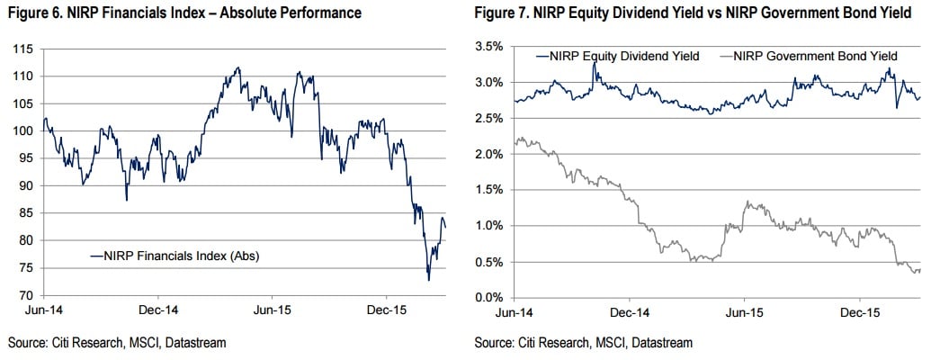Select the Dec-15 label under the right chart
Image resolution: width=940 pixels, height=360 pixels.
tap(858, 313)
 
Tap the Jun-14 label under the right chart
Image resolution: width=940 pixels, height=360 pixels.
tap(513, 313)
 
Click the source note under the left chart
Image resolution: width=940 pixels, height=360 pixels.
tap(116, 343)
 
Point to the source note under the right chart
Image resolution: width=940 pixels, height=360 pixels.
tap(584, 343)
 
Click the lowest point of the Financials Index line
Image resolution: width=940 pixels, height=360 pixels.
tap(428, 280)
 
